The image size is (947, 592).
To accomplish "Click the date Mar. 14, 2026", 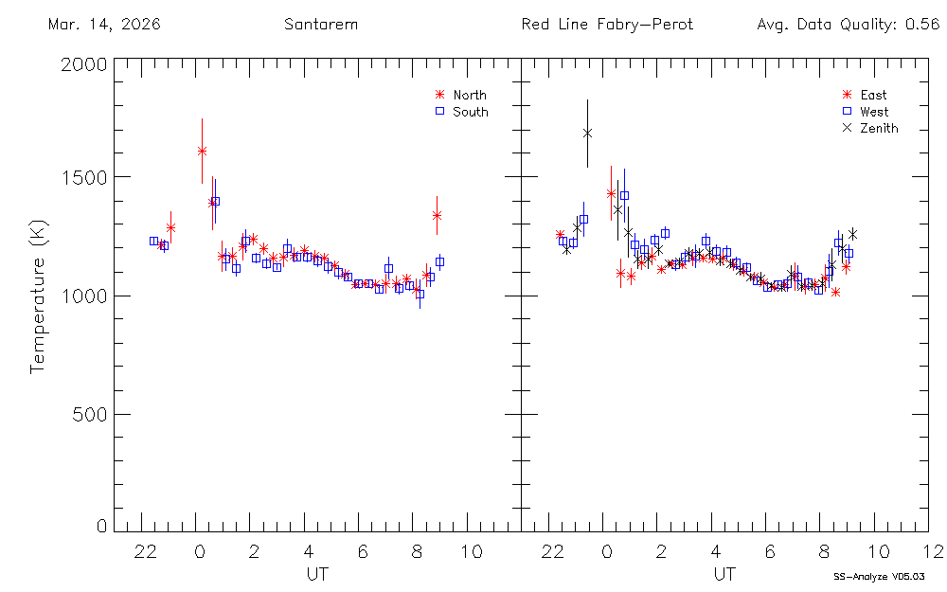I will [104, 25].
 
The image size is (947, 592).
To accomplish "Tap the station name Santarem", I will [321, 25].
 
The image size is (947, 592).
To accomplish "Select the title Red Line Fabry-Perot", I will [607, 25].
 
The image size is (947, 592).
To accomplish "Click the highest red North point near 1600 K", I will [202, 151].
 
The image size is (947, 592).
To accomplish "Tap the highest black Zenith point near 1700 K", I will [587, 134].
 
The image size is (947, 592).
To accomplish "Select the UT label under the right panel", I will [724, 574].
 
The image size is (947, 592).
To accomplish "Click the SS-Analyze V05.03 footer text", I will [878, 576].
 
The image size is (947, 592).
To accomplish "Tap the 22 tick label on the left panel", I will [145, 552].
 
